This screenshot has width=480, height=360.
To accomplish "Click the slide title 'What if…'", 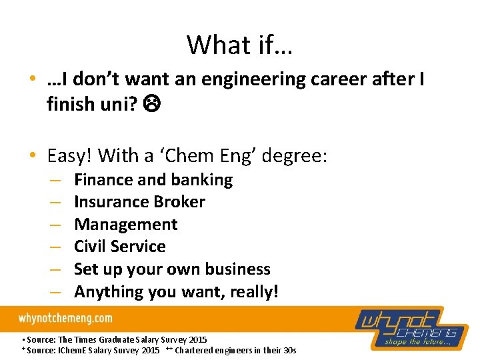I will click(x=240, y=45).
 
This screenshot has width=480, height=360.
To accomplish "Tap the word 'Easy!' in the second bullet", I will click(x=71, y=156).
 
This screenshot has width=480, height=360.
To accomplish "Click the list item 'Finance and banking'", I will click(x=153, y=180).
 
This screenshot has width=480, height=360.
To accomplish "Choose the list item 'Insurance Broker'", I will click(x=139, y=202).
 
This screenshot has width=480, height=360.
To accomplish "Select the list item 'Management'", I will click(x=125, y=225).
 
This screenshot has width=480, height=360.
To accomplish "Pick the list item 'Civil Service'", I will click(x=119, y=247).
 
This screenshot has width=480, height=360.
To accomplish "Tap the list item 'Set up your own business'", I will click(x=172, y=269).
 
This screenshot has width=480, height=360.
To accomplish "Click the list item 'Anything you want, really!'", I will click(x=176, y=292).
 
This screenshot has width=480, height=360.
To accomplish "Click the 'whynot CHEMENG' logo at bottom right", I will click(x=413, y=327).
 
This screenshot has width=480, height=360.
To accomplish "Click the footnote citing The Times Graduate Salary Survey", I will click(x=114, y=339).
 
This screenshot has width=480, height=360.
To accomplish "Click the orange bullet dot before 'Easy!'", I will click(x=33, y=157).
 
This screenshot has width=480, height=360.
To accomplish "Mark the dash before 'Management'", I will click(x=55, y=225).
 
